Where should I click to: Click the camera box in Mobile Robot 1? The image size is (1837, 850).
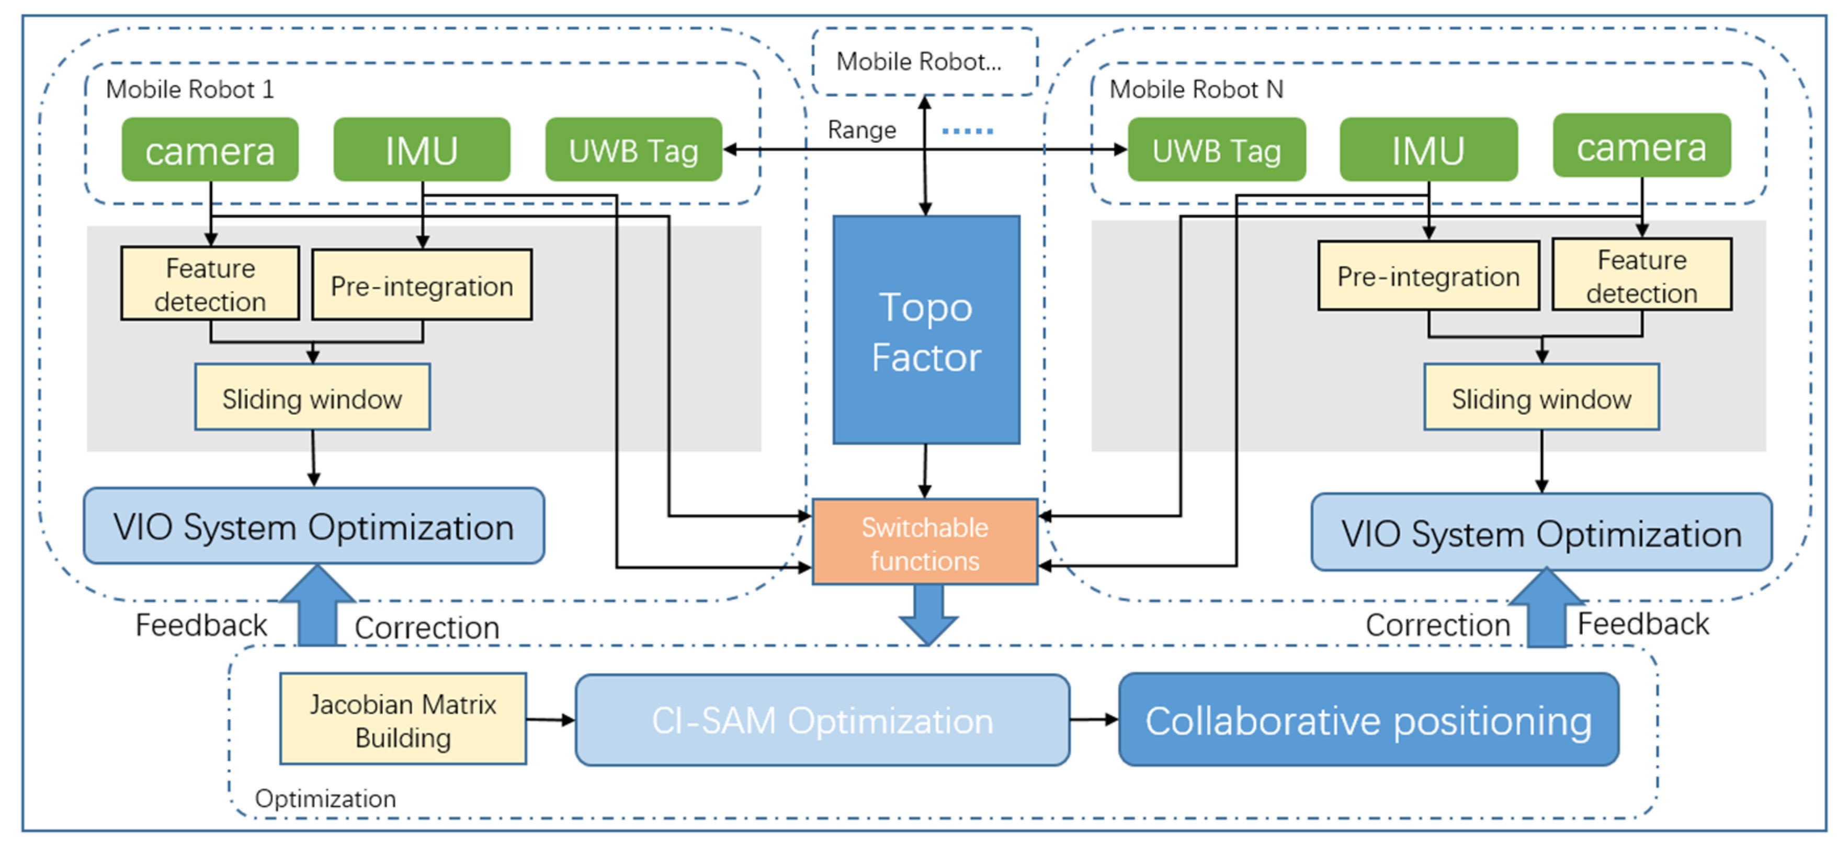pyautogui.click(x=210, y=150)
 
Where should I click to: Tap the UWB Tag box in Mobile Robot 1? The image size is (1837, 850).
pyautogui.click(x=633, y=150)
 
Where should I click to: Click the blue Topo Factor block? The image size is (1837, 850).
pyautogui.click(x=926, y=330)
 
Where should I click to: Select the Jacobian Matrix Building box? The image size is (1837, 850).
pyautogui.click(x=403, y=720)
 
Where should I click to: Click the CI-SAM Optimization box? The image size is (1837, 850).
pyautogui.click(x=822, y=720)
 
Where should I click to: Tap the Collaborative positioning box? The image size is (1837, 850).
pyautogui.click(x=1368, y=720)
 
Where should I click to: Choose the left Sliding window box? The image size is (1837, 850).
pyautogui.click(x=312, y=398)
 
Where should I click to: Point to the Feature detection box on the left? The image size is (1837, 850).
pyautogui.click(x=210, y=284)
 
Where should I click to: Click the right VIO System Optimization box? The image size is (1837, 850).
pyautogui.click(x=1541, y=532)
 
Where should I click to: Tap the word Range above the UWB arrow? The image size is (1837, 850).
pyautogui.click(x=861, y=130)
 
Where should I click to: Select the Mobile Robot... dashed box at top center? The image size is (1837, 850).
pyautogui.click(x=924, y=61)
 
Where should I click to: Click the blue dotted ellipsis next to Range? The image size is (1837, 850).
pyautogui.click(x=967, y=130)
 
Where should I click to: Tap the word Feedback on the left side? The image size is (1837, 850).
pyautogui.click(x=201, y=626)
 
